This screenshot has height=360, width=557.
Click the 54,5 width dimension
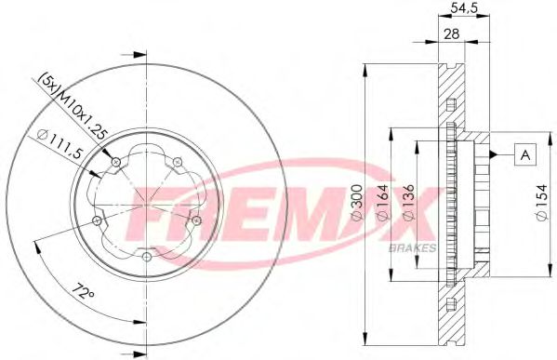tap(464, 8)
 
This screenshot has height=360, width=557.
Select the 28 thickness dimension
tap(452, 33)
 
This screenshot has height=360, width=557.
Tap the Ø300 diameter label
tap(358, 203)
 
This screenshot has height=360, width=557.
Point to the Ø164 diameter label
tap(382, 203)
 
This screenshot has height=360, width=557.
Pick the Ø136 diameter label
tap(408, 203)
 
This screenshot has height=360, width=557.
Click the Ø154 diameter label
tap(542, 203)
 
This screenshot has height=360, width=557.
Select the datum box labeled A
tap(525, 154)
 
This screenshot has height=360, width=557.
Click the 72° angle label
tap(83, 292)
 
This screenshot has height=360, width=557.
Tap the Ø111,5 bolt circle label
tap(60, 145)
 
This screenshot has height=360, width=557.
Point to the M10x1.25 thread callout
tap(83, 114)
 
